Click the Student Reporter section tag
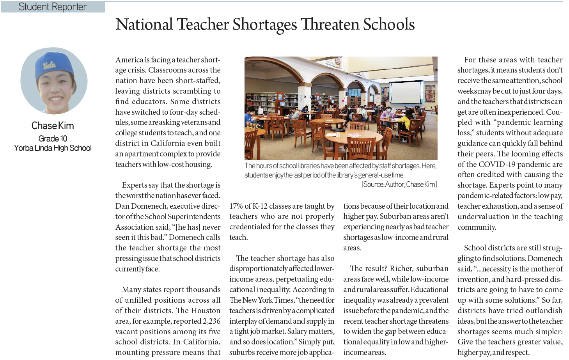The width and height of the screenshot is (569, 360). pos(53,7)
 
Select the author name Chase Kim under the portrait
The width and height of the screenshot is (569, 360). pos(53,126)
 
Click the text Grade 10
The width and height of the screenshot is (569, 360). pos(53,138)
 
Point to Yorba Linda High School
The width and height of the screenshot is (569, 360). pos(53,148)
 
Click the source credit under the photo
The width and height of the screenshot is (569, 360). pos(399,184)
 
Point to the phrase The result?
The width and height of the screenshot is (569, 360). pos(369,269)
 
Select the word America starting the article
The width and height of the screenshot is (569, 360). pos(129,60)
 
